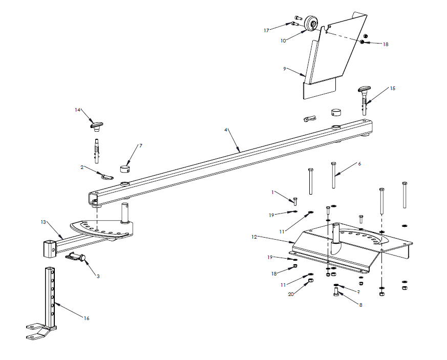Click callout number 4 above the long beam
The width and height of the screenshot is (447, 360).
[225, 130]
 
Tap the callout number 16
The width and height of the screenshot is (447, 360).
[87, 318]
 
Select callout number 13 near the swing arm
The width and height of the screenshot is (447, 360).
[44, 222]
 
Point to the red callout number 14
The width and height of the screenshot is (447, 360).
[78, 110]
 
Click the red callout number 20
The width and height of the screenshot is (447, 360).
[290, 294]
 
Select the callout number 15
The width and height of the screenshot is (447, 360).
[392, 88]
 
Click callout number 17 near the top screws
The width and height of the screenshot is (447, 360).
[266, 30]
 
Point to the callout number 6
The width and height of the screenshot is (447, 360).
[359, 164]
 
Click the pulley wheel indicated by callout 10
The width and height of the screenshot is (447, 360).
[311, 25]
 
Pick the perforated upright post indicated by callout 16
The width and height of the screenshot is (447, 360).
[50, 297]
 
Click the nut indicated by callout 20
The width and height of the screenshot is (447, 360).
[310, 280]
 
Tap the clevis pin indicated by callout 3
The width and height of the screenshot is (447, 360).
[78, 258]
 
